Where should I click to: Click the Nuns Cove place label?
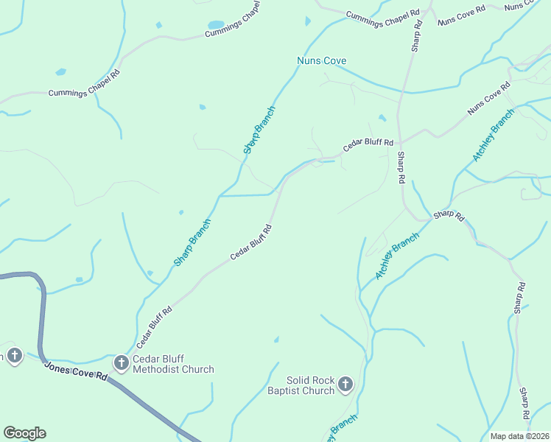321,60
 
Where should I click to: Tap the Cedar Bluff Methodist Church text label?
173,365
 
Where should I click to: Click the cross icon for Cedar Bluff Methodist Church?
122,362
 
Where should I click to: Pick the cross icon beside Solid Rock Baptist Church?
345,384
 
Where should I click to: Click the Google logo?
24,433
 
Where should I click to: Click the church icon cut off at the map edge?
14,357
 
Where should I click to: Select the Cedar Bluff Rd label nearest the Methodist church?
154,327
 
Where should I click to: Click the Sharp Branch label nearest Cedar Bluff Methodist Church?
192,242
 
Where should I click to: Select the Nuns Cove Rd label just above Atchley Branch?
489,100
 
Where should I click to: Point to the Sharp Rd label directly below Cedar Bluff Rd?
401,168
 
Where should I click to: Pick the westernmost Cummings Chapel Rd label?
84,93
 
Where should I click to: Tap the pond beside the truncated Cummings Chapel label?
216,24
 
